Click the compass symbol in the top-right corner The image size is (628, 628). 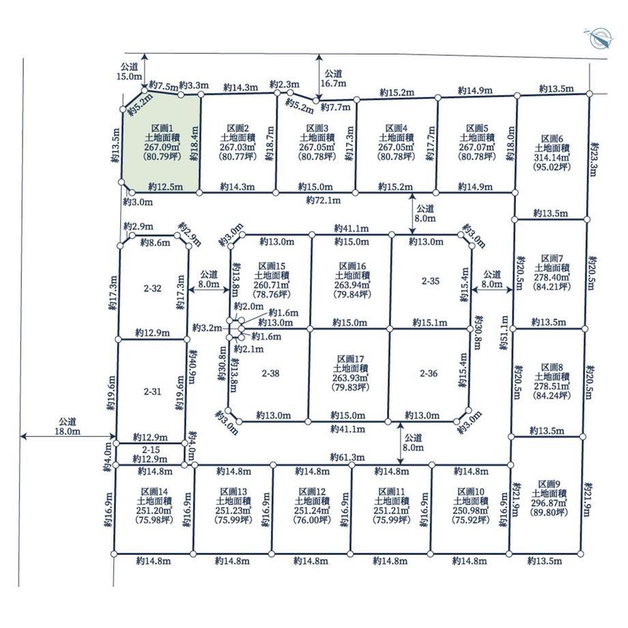click(599, 38)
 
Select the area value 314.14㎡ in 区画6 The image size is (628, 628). click(552, 158)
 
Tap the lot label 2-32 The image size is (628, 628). click(153, 288)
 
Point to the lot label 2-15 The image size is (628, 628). click(151, 450)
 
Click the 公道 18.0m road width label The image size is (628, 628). click(68, 426)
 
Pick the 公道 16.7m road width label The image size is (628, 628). click(333, 78)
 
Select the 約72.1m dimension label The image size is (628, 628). click(323, 200)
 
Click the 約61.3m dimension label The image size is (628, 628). click(347, 457)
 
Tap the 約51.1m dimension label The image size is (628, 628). click(504, 333)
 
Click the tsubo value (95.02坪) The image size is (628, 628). click(552, 167)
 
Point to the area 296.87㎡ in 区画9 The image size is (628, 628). click(549, 503)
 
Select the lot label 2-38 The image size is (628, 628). click(271, 373)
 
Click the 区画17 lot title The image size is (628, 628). click(350, 358)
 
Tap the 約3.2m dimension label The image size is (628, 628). click(207, 328)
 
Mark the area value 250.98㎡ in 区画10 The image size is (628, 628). click(471, 511)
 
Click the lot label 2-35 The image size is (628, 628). click(431, 281)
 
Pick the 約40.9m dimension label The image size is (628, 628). click(192, 367)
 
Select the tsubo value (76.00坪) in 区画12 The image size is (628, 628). click(313, 520)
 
